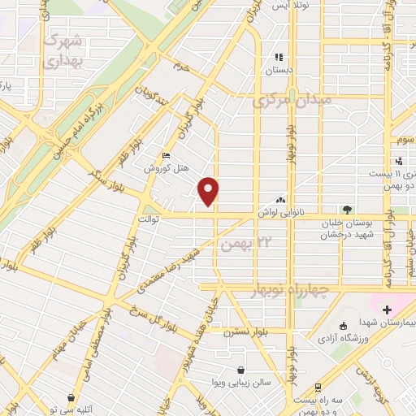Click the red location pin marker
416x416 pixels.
pyautogui.click(x=210, y=190)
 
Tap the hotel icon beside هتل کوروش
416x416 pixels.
pyautogui.click(x=167, y=156)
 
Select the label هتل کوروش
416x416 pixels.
pyautogui.click(x=167, y=169)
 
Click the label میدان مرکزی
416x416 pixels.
pyautogui.click(x=292, y=102)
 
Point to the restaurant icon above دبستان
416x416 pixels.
pyautogui.click(x=279, y=58)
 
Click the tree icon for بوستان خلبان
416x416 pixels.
pyautogui.click(x=347, y=210)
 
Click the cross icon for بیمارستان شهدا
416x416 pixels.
pyautogui.click(x=388, y=310)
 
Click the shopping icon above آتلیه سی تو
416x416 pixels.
pyautogui.click(x=74, y=397)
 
